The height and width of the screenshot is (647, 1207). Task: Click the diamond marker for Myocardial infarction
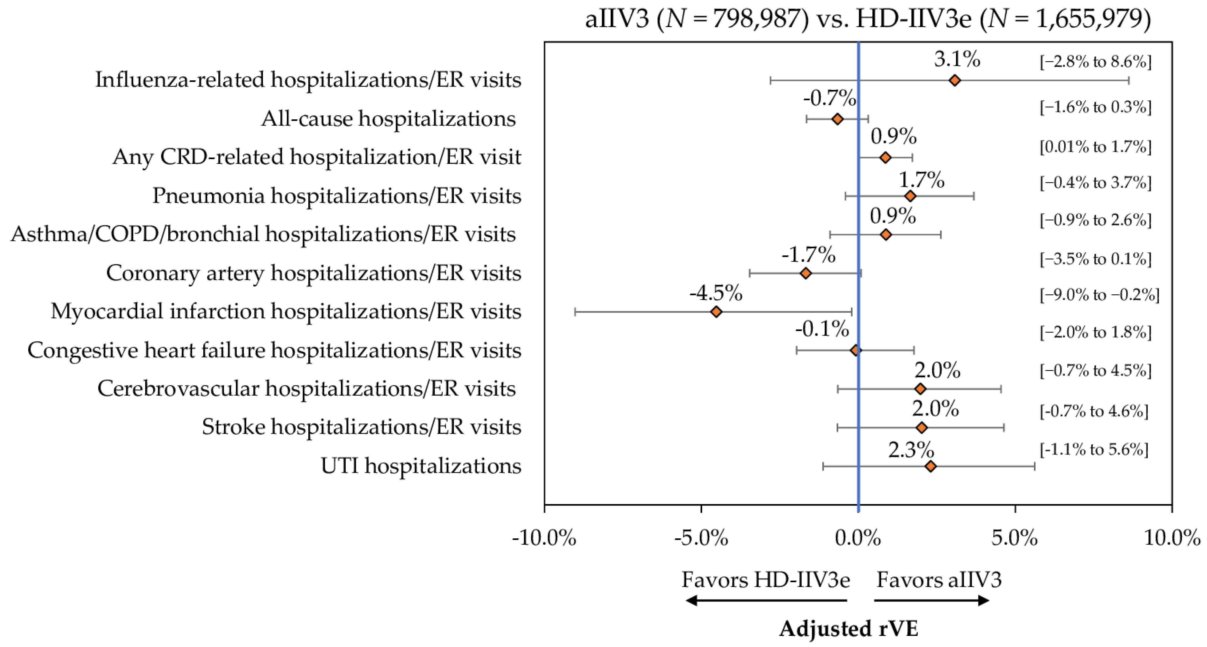716,312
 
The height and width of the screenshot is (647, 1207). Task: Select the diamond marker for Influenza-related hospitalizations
955,80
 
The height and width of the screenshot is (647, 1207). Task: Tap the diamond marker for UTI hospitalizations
931,466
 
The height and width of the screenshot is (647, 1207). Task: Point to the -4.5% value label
715,294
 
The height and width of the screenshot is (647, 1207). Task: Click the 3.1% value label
957,59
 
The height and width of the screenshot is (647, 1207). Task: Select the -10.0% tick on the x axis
544,538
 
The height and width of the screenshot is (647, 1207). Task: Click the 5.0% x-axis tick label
1015,538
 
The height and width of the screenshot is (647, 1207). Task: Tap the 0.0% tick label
858,538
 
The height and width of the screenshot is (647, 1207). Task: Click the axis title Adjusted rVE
849,628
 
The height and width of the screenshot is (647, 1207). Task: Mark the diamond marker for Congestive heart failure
856,350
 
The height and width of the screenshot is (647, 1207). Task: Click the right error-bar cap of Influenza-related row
1129,80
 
